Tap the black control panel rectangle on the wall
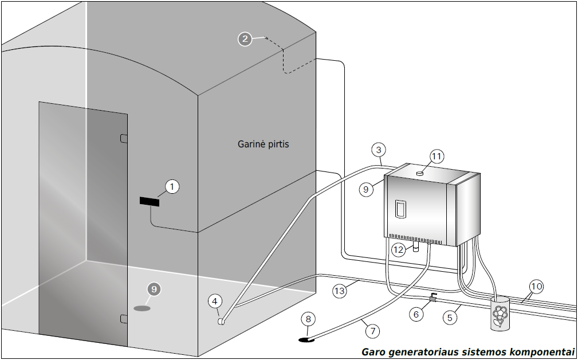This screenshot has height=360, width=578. coord(150,202)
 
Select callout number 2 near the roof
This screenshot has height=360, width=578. coord(245,39)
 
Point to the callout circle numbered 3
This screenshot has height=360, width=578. coord(378,150)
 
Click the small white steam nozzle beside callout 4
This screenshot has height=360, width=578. coord(221,322)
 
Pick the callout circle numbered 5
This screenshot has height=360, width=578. coord(450,316)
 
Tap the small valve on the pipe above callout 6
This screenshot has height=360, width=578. coord(432,298)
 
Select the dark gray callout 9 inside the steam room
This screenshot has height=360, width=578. coord(154,289)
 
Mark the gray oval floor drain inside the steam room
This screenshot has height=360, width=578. coord(142,308)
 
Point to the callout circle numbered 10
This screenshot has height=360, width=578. coord(536,286)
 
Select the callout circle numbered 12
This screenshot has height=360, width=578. coord(399,250)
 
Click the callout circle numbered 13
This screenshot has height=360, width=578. coord(340,291)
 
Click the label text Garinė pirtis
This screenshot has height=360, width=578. coord(264,144)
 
